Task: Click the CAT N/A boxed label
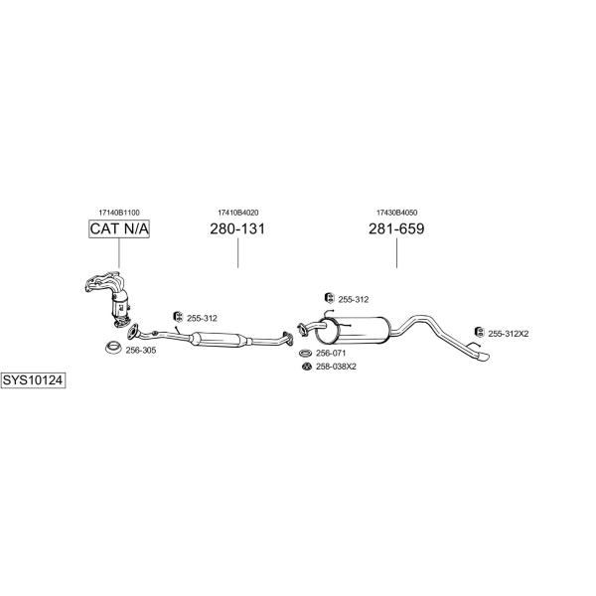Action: pos(119,228)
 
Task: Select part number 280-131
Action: pos(237,228)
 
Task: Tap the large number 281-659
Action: pos(396,228)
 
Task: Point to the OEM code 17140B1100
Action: pos(119,213)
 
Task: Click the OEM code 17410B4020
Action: pos(238,213)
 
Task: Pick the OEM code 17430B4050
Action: pos(396,213)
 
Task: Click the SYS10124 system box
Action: pos(33,380)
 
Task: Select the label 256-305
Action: pos(141,351)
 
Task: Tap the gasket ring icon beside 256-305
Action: pos(113,348)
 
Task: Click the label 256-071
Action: pos(331,353)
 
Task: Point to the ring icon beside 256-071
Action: pos(305,354)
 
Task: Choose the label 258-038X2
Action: pos(336,367)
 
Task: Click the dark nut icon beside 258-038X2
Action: pos(306,367)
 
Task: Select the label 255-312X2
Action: pos(509,334)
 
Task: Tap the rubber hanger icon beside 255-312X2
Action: pos(480,332)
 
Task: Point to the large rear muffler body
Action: pos(353,330)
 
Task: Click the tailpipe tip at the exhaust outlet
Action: pos(483,357)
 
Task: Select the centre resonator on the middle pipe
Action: pos(219,339)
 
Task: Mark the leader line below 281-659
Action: pos(396,253)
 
